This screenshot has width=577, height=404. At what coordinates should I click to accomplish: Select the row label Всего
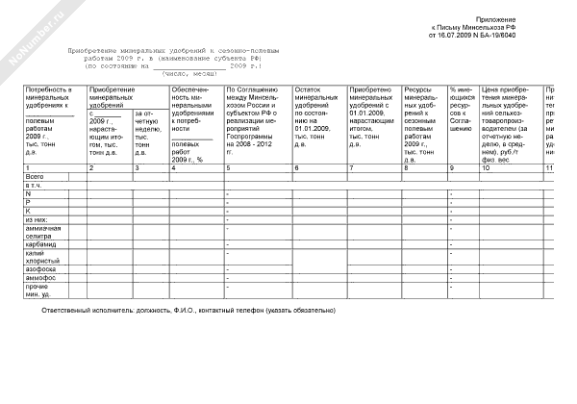[36, 177]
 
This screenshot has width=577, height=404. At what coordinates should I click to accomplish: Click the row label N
[28, 193]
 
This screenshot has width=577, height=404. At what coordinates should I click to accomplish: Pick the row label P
[28, 202]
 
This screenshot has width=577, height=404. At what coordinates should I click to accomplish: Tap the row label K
[28, 211]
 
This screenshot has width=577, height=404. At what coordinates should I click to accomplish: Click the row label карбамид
[41, 244]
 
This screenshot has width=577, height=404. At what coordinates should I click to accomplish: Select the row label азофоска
[41, 270]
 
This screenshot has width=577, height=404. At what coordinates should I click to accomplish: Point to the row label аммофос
[41, 279]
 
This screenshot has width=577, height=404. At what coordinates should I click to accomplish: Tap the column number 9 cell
[451, 168]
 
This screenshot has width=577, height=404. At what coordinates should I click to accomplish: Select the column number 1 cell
[28, 168]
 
